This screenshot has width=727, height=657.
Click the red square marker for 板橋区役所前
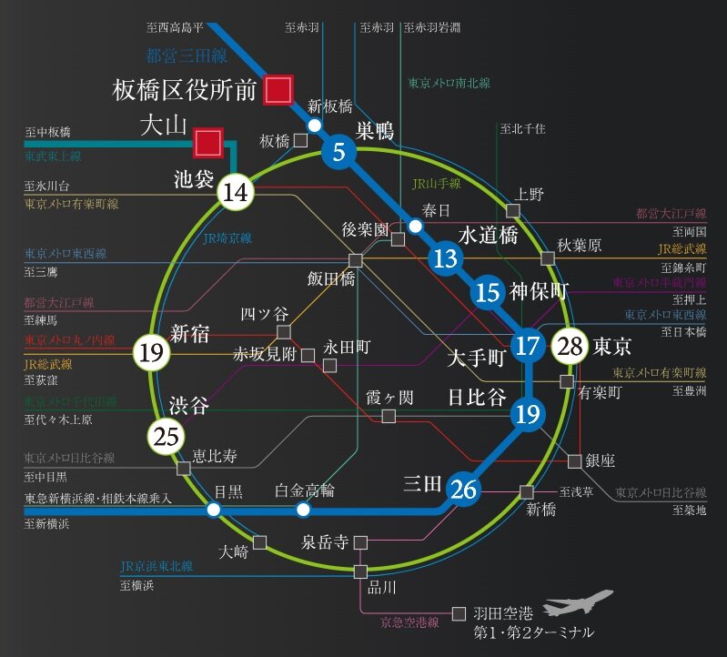278,89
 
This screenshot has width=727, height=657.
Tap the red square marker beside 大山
208,141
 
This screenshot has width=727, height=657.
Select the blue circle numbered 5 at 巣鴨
338,152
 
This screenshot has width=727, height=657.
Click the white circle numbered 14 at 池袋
235,192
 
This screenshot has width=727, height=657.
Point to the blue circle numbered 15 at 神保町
488,292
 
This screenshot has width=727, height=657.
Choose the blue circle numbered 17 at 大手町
527,346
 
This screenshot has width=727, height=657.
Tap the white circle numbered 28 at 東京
570,346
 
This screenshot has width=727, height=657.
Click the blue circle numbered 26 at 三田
463,489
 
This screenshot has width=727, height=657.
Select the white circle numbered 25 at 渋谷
167,437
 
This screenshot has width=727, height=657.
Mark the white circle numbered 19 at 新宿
150,351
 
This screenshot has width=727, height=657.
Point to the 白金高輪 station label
305,490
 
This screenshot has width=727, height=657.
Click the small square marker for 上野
514,211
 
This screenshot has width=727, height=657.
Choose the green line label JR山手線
437,183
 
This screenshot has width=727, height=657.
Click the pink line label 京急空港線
409,623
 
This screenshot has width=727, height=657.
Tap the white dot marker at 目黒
213,510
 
